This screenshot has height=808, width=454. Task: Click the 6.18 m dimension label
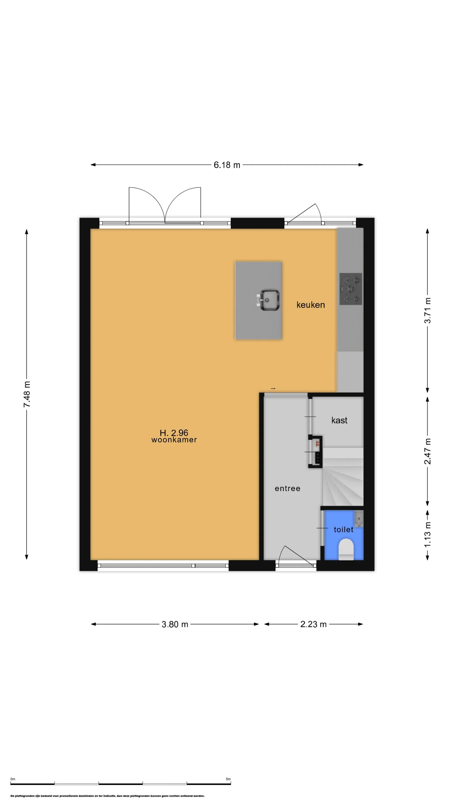point(227,165)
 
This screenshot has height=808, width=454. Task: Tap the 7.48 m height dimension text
point(27,394)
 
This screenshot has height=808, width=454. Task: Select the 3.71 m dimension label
point(427,311)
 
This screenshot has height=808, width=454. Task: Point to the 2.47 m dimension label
point(427,451)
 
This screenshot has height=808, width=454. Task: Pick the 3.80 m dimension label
point(175,624)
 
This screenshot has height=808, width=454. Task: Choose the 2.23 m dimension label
point(313,624)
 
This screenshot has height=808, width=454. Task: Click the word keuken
point(310,305)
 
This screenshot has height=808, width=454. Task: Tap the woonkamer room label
point(174,440)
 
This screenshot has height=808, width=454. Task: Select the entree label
point(287,488)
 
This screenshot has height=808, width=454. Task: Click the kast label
point(339,420)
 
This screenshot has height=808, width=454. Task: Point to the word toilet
point(343,530)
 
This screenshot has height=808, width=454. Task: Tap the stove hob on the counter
point(351,289)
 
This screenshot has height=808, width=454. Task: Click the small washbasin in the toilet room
point(359,518)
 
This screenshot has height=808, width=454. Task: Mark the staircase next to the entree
point(343,477)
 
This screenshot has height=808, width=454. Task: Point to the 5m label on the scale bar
point(228,779)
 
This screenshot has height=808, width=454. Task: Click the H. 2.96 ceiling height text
point(174,433)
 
